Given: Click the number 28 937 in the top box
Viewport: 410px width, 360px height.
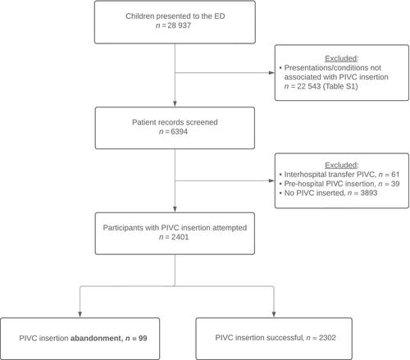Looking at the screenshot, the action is coord(180,25).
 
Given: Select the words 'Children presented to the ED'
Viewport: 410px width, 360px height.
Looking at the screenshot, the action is coord(175,16).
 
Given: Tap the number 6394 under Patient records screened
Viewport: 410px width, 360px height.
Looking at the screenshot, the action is coord(180,131).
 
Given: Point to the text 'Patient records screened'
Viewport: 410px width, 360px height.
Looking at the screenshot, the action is coord(175,122).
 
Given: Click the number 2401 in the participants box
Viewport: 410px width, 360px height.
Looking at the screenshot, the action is coord(180,237).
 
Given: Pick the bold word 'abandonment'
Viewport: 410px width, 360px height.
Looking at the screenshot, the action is coord(96,339).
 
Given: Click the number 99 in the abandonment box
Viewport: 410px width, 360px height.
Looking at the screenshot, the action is coord(143,339).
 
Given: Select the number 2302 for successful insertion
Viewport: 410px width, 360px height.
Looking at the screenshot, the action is coord(327,338).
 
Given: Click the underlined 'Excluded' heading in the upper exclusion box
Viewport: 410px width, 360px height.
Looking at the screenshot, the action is coord(341,58).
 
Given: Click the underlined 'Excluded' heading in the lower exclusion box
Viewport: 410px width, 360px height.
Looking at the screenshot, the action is coord(341,165).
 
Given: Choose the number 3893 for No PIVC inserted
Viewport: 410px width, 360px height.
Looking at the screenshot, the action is coord(369,193).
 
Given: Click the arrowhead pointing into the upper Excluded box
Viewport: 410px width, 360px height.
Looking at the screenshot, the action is coord(271,73).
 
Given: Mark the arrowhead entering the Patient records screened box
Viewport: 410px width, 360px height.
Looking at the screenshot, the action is coord(175,104).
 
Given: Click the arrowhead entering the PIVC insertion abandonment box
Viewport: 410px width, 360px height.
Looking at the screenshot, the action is coord(80,314).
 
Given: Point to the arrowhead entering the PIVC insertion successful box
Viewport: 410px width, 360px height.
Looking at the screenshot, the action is coord(274,314).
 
